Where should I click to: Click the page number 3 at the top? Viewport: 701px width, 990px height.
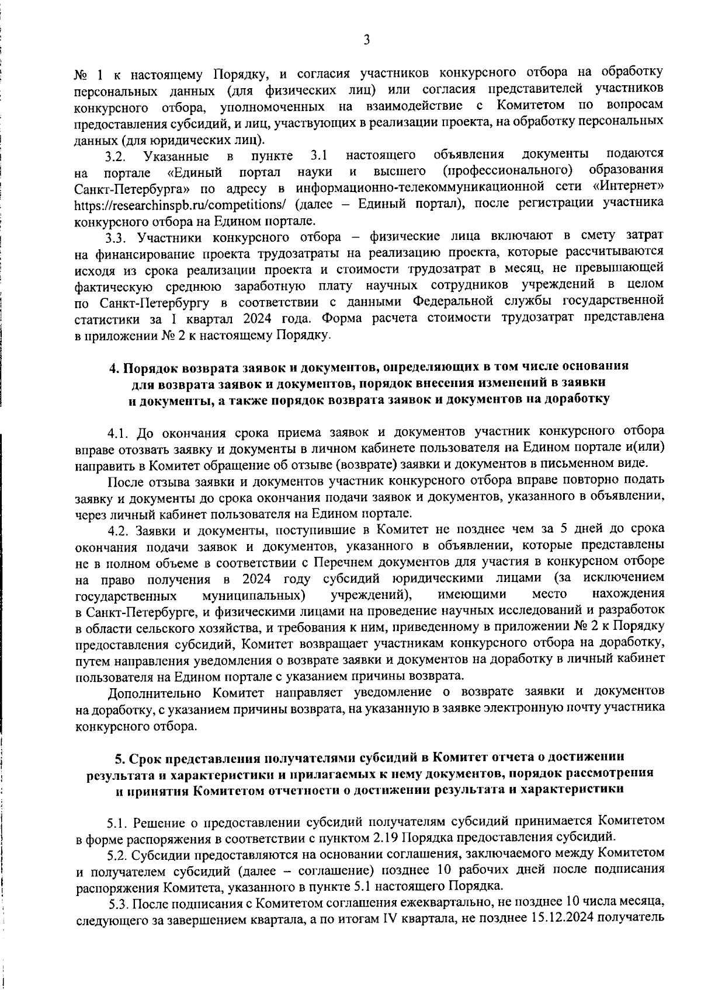(366, 40)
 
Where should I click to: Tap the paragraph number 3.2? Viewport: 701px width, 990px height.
(116, 156)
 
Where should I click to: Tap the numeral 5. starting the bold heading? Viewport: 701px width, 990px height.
(119, 758)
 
